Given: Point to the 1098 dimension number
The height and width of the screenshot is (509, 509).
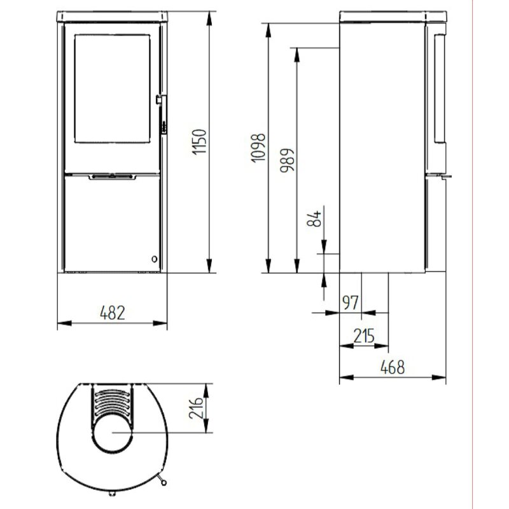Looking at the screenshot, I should click(257, 148).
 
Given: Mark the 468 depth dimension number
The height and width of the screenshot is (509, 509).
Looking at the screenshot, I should click(393, 367).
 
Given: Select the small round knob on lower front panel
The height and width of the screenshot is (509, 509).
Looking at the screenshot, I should click(154, 258).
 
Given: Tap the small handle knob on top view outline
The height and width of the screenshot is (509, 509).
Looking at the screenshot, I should click(165, 482).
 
